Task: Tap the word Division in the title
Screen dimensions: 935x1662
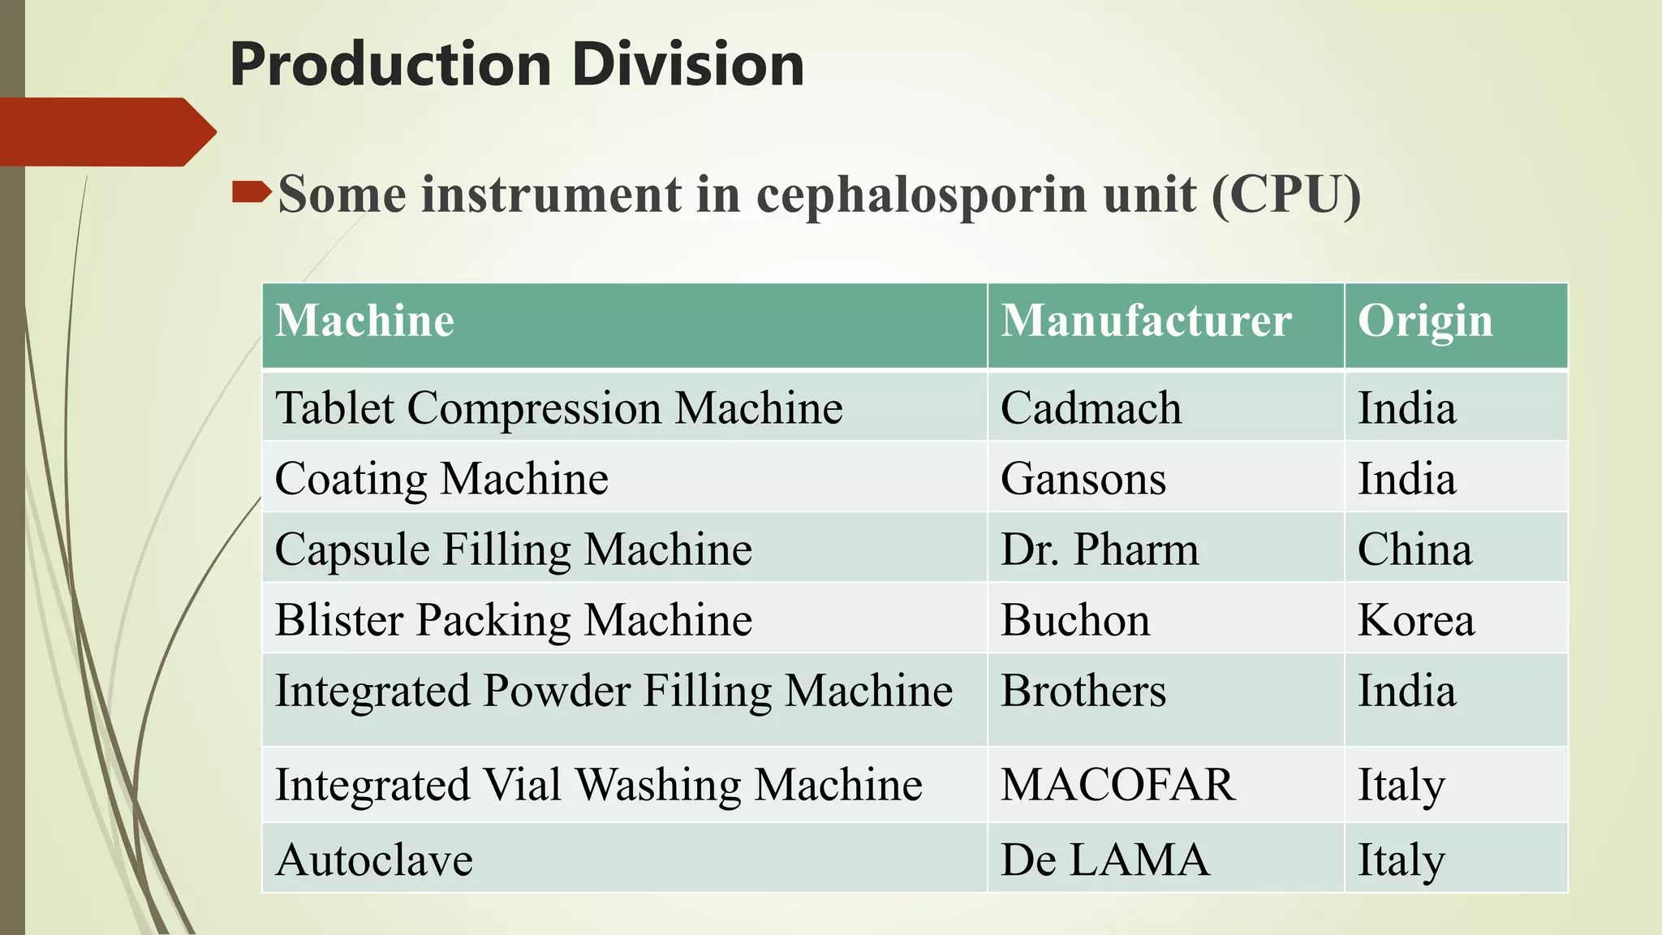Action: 688,65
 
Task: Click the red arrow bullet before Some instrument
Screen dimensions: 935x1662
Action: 251,192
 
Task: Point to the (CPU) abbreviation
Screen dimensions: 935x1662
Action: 1285,195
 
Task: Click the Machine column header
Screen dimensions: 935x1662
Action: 364,321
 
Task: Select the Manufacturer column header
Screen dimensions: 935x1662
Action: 1146,321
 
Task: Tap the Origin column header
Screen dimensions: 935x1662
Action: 1425,321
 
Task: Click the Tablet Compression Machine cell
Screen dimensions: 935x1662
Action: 558,407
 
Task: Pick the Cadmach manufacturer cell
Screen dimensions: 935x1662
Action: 1091,407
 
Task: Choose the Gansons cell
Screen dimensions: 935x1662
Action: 1083,478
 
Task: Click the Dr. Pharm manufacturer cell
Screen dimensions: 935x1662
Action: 1100,549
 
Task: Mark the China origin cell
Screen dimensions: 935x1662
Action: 1414,549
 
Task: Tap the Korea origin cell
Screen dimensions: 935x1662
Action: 1416,620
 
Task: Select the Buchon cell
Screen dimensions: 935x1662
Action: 1075,620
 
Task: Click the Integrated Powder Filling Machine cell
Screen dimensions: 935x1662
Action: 614,692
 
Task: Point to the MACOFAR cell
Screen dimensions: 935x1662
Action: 1118,785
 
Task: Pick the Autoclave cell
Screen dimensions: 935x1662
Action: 374,860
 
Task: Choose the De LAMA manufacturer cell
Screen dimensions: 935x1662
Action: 1104,860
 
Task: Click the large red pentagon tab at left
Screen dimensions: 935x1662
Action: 101,131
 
